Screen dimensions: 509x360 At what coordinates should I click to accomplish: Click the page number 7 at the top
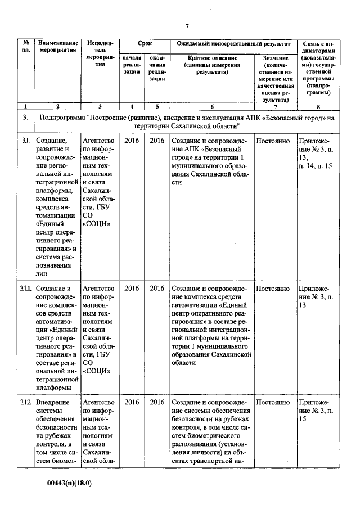pyautogui.click(x=186, y=26)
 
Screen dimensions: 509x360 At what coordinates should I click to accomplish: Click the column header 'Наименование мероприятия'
pyautogui.click(x=57, y=47)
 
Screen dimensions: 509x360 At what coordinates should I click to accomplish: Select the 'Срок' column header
pyautogui.click(x=145, y=43)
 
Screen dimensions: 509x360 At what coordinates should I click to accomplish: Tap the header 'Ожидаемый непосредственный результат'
pyautogui.click(x=233, y=43)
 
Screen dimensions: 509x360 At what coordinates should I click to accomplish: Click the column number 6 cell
pyautogui.click(x=211, y=106)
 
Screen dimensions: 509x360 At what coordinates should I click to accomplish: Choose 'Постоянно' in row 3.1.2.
pyautogui.click(x=273, y=403)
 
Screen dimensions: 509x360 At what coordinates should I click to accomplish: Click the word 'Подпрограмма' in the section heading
pyautogui.click(x=62, y=118)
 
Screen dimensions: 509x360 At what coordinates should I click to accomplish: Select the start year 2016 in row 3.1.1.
pyautogui.click(x=132, y=289)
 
